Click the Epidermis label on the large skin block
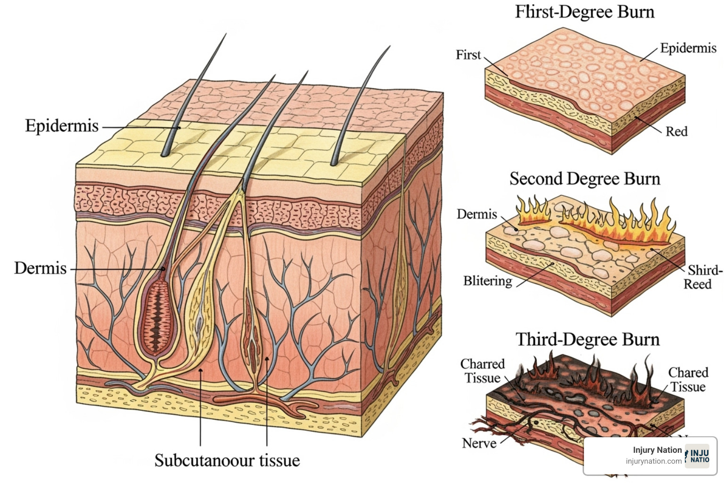pyautogui.click(x=62, y=126)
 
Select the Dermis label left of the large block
pyautogui.click(x=41, y=268)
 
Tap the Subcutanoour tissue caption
pyautogui.click(x=227, y=460)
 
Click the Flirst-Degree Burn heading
pyautogui.click(x=584, y=12)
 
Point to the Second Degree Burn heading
pyautogui.click(x=584, y=179)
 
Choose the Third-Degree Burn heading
pyautogui.click(x=587, y=340)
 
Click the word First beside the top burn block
pyautogui.click(x=468, y=55)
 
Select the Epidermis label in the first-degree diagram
pyautogui.click(x=688, y=48)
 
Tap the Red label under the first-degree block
pyautogui.click(x=676, y=131)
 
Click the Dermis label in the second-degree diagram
pyautogui.click(x=477, y=214)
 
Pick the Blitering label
pyautogui.click(x=487, y=281)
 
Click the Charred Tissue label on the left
pyautogui.click(x=482, y=371)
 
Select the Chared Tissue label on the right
pyautogui.click(x=688, y=379)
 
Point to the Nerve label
pyautogui.click(x=479, y=443)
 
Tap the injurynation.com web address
pyautogui.click(x=653, y=461)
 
